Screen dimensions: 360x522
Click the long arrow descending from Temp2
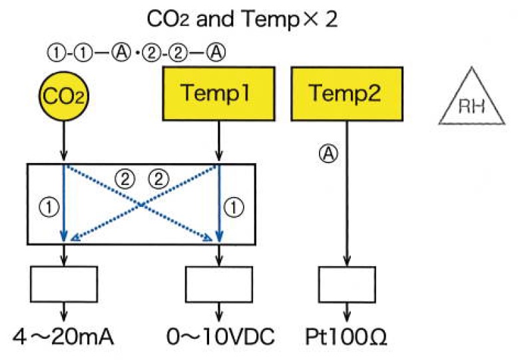tap(345, 200)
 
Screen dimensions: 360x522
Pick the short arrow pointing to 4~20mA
tap(64, 313)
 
